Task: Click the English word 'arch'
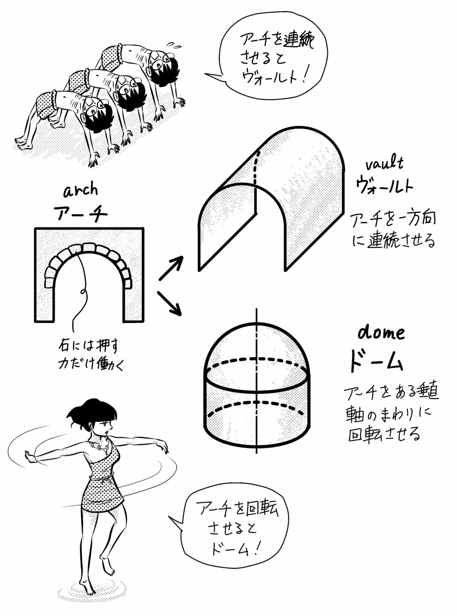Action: point(81,190)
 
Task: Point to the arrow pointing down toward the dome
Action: point(170,303)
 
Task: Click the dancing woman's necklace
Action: point(100,446)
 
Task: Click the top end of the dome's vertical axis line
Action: point(256,311)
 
